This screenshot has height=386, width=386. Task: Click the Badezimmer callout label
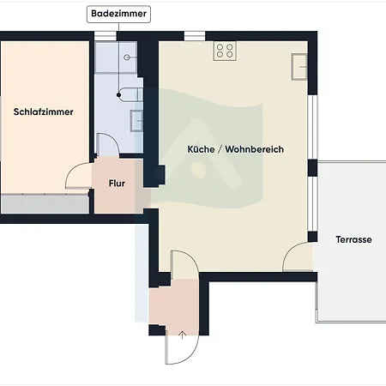pyautogui.click(x=118, y=14)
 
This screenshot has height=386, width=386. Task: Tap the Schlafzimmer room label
pyautogui.click(x=44, y=112)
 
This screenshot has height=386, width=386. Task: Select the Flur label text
pyautogui.click(x=117, y=184)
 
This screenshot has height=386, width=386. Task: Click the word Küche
pyautogui.click(x=201, y=149)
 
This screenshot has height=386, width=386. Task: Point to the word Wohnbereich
pyautogui.click(x=255, y=149)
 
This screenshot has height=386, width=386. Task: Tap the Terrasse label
pyautogui.click(x=354, y=239)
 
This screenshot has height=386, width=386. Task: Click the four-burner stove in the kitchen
pyautogui.click(x=225, y=51)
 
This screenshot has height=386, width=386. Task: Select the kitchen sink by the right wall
pyautogui.click(x=299, y=67)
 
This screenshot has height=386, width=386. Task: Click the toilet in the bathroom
pyautogui.click(x=131, y=94)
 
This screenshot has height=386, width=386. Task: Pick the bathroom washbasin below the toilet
pyautogui.click(x=136, y=121)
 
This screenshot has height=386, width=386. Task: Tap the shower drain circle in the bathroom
pyautogui.click(x=127, y=57)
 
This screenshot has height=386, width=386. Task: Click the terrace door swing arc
pyautogui.click(x=290, y=250)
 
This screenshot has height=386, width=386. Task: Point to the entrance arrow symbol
pyautogui.click(x=182, y=335)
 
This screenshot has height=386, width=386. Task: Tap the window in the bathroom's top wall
pyautogui.click(x=106, y=36)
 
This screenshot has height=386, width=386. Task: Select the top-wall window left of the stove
pyautogui.click(x=195, y=36)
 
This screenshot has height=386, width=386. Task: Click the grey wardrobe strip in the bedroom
pyautogui.click(x=45, y=203)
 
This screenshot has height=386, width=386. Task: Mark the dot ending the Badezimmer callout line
pyautogui.click(x=119, y=95)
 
